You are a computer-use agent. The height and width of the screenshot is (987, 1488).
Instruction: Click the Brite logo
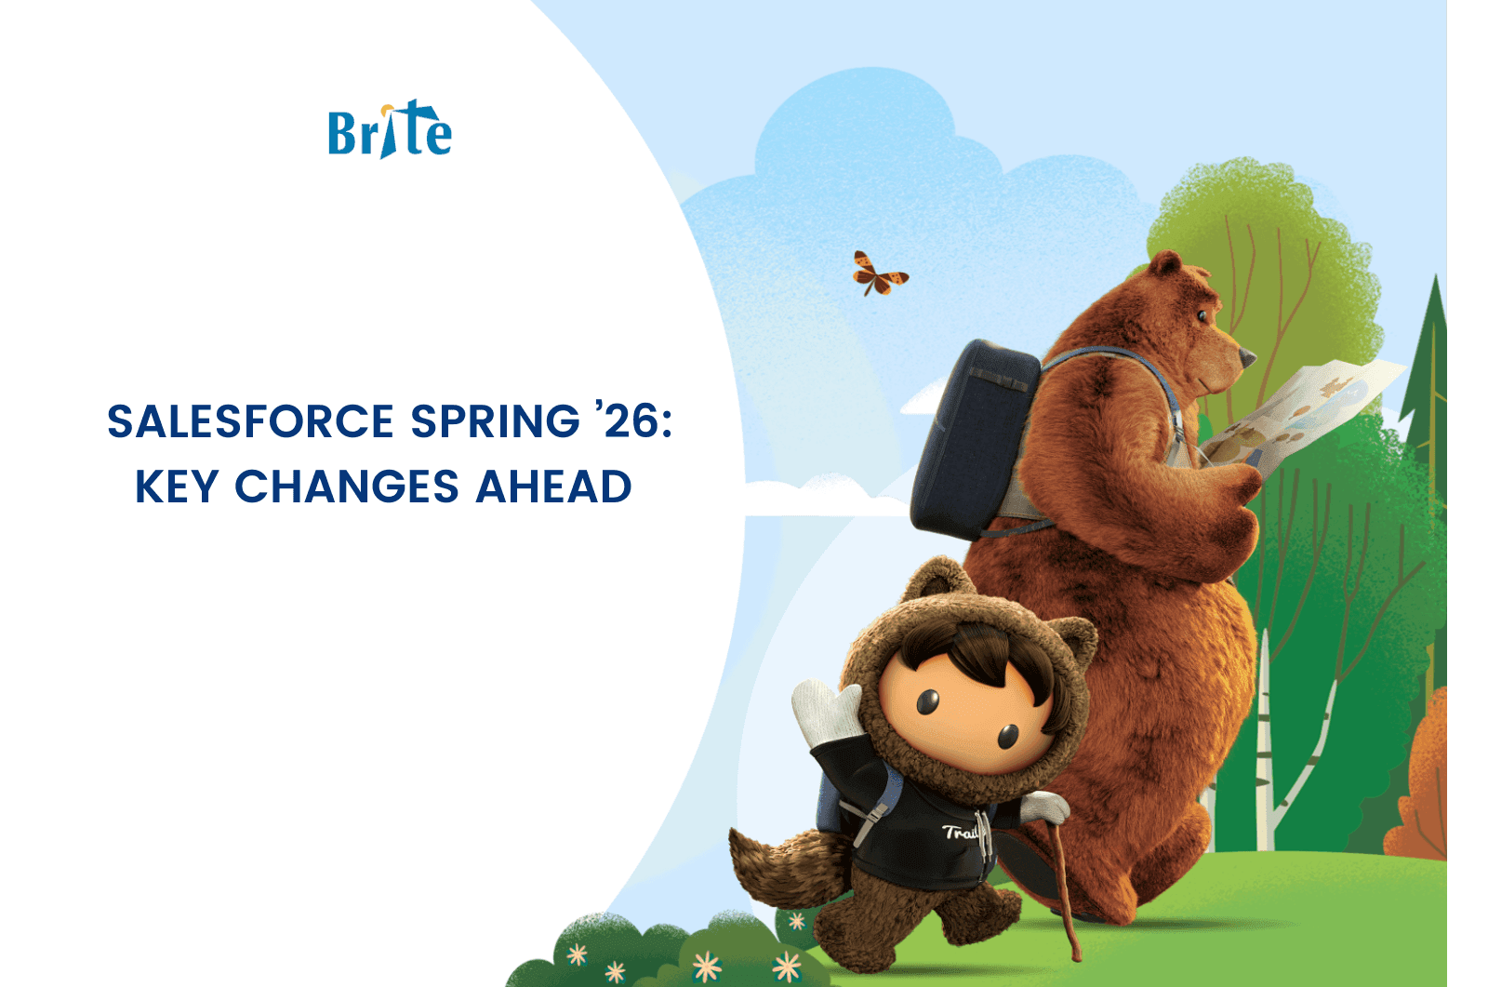pos(390,129)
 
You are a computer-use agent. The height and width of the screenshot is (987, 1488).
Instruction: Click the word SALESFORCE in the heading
pos(251,421)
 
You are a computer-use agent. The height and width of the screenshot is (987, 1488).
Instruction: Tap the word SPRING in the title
pos(496,421)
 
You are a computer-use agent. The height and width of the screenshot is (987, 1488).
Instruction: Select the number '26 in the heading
pos(633,420)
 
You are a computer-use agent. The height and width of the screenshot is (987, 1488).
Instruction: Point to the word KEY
pos(177,487)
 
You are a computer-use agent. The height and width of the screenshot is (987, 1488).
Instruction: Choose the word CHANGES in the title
pos(347,487)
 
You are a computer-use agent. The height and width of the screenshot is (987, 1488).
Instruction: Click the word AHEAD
pos(553,487)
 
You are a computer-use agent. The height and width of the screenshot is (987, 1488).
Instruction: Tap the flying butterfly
pos(879,273)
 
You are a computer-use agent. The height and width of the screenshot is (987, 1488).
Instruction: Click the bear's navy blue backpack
pos(973,439)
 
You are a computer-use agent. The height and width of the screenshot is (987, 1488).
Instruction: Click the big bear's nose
pos(1247,358)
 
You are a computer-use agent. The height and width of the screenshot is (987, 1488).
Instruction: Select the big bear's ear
pos(1166,264)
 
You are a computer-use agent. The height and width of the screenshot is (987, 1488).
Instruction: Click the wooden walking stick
pos(1059,890)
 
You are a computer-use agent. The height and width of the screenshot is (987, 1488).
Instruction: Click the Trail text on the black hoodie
pos(961,833)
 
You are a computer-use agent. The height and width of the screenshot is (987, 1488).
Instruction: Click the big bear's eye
pos(1202,315)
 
